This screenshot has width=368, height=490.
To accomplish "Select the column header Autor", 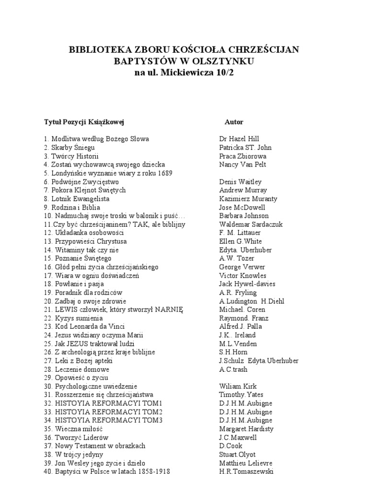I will point(234,122).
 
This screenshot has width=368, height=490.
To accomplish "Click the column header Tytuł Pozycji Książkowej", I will point(84,122).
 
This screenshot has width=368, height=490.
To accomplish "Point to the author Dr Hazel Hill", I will point(239,139).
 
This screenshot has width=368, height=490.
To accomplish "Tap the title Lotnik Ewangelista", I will point(80,199).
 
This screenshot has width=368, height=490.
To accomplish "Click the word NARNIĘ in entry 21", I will point(168,310).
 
